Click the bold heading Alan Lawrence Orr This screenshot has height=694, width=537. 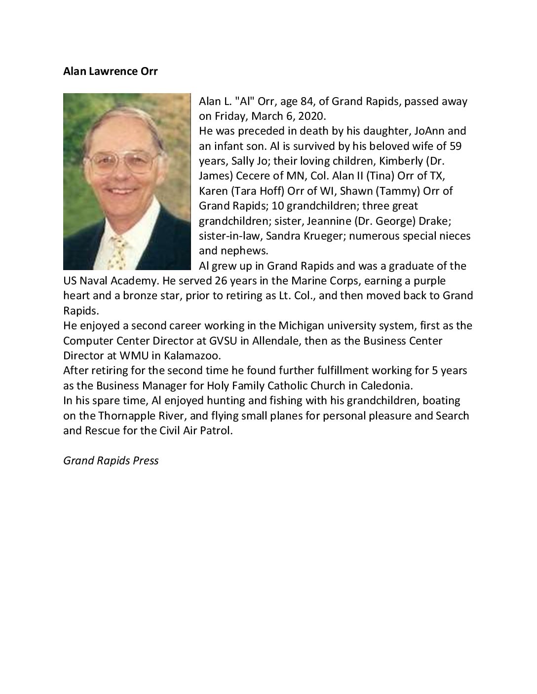[x=111, y=71]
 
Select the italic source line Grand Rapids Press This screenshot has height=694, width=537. [x=111, y=461]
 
